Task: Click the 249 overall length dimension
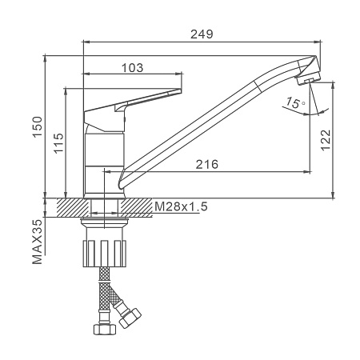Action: (x=202, y=34)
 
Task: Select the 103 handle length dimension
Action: (x=133, y=68)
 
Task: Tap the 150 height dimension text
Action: (x=38, y=126)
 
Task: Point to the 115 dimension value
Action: (x=58, y=143)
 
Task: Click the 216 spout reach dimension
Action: (x=207, y=164)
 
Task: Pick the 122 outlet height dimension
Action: (x=326, y=141)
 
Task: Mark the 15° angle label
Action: (x=295, y=102)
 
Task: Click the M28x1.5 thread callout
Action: (x=181, y=206)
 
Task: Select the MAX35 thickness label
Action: (x=38, y=242)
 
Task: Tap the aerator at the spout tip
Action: (x=307, y=79)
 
